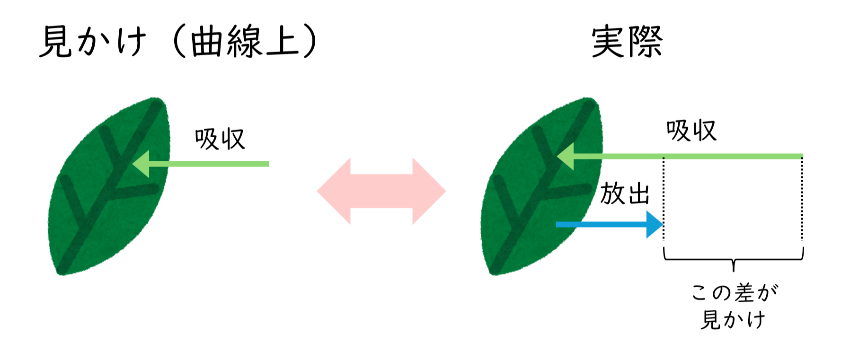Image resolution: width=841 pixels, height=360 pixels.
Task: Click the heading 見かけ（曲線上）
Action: point(177,42)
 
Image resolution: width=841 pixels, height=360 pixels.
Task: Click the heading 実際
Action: point(627,42)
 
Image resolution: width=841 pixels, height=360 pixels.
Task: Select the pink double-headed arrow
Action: point(381,191)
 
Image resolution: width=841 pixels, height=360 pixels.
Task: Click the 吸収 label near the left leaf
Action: point(220,139)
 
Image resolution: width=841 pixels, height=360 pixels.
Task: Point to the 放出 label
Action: point(625,193)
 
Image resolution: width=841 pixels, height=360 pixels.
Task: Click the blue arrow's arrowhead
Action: point(655,224)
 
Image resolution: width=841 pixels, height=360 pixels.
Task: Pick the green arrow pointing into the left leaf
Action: point(208,164)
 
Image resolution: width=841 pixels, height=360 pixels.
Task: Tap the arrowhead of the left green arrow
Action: point(142,164)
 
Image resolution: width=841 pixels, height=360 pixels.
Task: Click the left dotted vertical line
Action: point(664,199)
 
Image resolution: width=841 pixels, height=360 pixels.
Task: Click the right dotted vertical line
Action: point(802,199)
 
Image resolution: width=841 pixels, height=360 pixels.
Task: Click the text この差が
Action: point(734,292)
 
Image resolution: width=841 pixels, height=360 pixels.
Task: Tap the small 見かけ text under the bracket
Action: point(733,319)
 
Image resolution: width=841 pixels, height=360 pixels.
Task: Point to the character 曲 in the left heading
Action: point(207,42)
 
